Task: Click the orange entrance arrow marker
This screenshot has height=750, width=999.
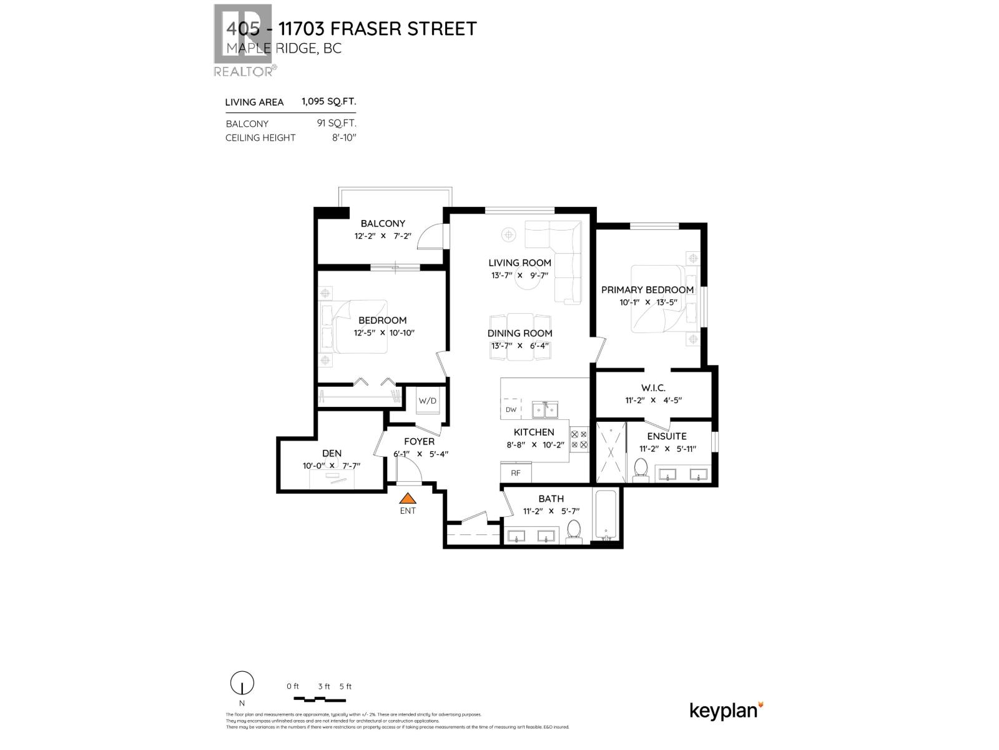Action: coord(408,498)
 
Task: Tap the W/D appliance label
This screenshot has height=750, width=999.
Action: coord(428,401)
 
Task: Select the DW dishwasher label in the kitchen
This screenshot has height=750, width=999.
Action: coord(511,410)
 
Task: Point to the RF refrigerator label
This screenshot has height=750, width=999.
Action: coord(516,473)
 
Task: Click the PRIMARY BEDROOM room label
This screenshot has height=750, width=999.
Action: coord(647,290)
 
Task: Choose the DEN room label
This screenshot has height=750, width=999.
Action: coord(332,453)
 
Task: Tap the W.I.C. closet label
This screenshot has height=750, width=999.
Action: coord(653,388)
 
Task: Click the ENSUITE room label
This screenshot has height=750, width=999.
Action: coord(667,436)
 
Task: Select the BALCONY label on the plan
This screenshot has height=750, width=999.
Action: coord(383,223)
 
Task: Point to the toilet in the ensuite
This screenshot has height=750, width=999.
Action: coord(641,469)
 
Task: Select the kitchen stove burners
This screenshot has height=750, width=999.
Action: coord(579,438)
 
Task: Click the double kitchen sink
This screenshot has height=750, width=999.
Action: coord(545,410)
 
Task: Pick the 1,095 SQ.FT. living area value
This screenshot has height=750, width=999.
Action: coord(329,101)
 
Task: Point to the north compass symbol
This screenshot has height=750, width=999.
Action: coord(242,683)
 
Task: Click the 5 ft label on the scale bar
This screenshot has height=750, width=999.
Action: coord(345,686)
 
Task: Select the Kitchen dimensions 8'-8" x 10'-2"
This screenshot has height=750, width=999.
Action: coord(534,445)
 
